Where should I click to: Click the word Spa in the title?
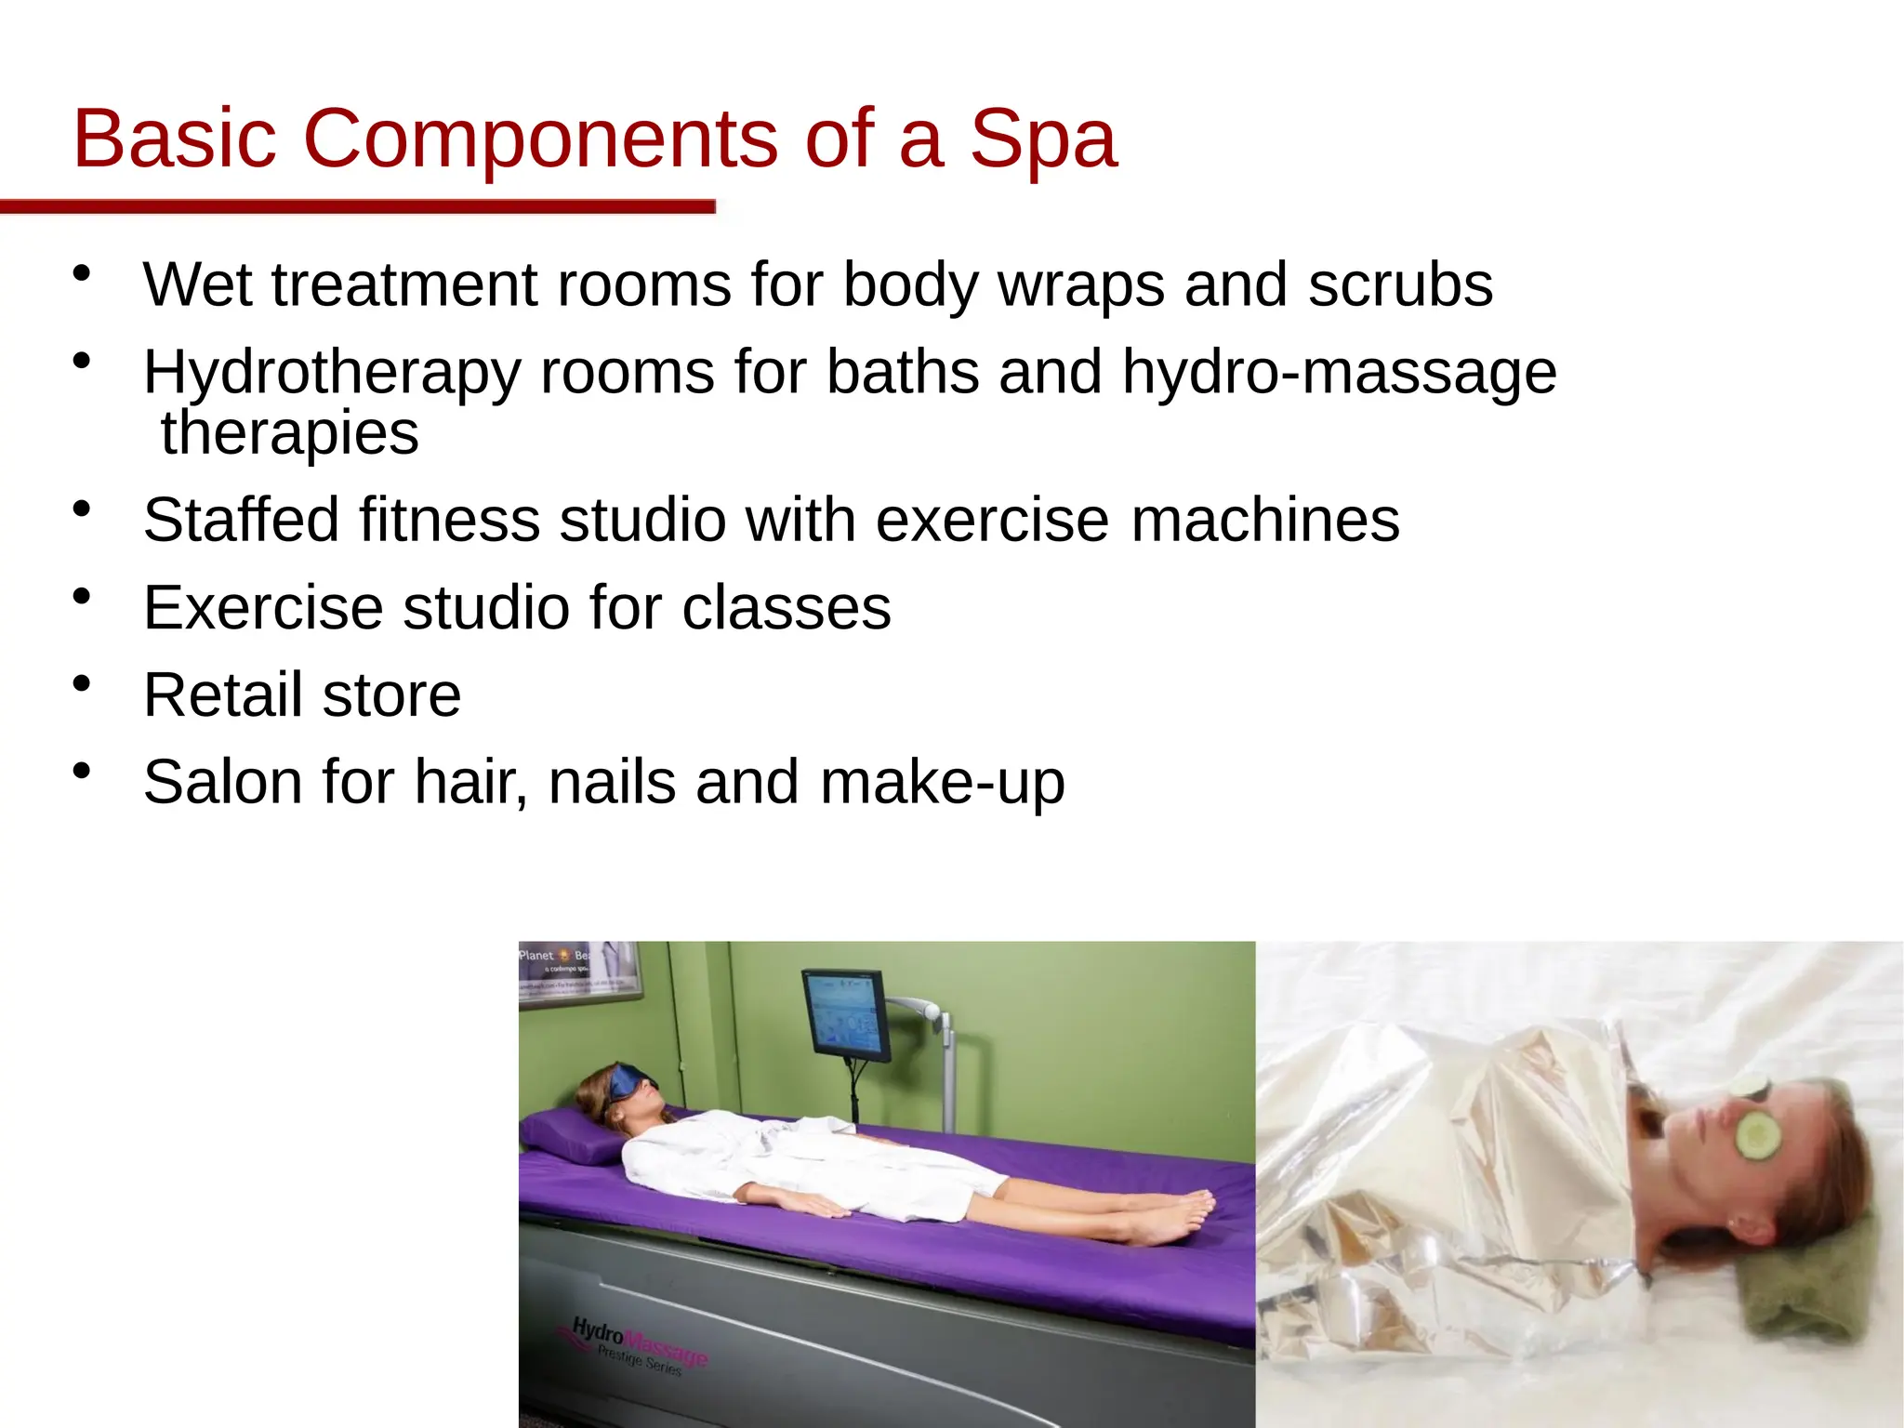point(1042,140)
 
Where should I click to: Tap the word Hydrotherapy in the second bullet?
point(331,374)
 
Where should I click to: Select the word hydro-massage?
point(1339,374)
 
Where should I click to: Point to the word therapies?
point(289,433)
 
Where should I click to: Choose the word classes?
point(787,608)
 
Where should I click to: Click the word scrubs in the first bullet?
point(1400,284)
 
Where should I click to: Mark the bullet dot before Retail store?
point(82,683)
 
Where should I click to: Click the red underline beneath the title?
point(357,206)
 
